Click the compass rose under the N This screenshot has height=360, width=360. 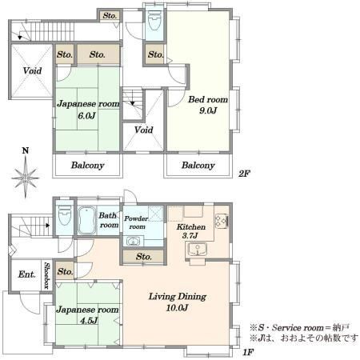tap(26, 177)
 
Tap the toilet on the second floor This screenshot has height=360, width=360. tap(154, 21)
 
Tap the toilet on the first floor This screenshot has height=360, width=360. tap(64, 216)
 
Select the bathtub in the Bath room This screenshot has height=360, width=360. tap(87, 221)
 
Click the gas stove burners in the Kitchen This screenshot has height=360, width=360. tap(222, 221)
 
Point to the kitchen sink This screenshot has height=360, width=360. tap(197, 250)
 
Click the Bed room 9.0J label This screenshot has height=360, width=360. tap(208, 105)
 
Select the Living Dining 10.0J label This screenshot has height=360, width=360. tap(178, 302)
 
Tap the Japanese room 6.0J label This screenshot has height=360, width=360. tap(88, 110)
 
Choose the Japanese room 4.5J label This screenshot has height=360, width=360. tap(87, 314)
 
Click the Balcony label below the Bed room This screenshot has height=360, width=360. tap(198, 166)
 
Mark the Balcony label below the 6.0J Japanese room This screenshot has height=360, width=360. tap(87, 166)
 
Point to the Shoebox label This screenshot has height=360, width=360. tap(47, 276)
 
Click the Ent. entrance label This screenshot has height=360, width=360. tap(26, 274)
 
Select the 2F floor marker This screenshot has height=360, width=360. tap(244, 174)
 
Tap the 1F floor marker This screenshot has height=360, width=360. tap(248, 352)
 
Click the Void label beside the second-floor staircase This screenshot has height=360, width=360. tap(143, 130)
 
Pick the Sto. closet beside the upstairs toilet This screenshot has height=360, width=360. tap(155, 54)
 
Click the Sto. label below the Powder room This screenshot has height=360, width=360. tap(144, 257)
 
